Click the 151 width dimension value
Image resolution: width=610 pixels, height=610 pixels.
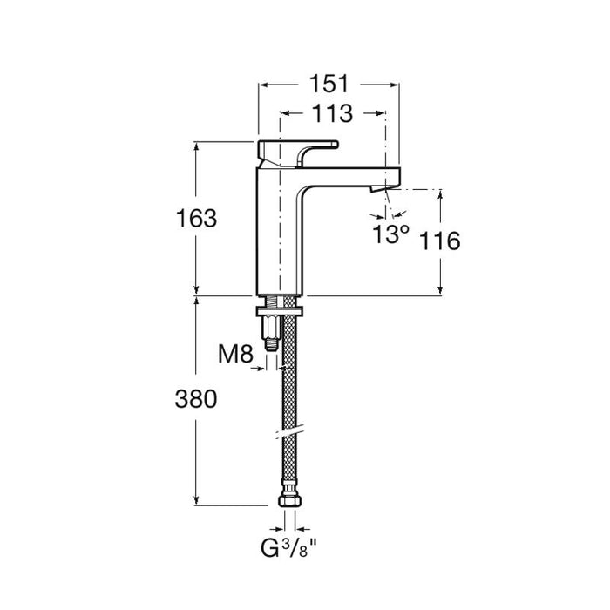pyautogui.click(x=328, y=84)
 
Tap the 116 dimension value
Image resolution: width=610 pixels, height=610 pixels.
pyautogui.click(x=440, y=241)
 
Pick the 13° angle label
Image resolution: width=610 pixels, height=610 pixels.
pyautogui.click(x=391, y=234)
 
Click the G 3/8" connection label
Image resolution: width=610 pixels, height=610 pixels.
pyautogui.click(x=288, y=550)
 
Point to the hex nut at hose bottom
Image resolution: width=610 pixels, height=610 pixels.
pyautogui.click(x=289, y=503)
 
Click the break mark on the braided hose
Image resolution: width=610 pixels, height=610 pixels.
pyautogui.click(x=289, y=430)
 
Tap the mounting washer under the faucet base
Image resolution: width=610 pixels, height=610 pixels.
pyautogui.click(x=279, y=309)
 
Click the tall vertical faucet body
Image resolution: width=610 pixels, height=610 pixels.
pyautogui.click(x=279, y=231)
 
